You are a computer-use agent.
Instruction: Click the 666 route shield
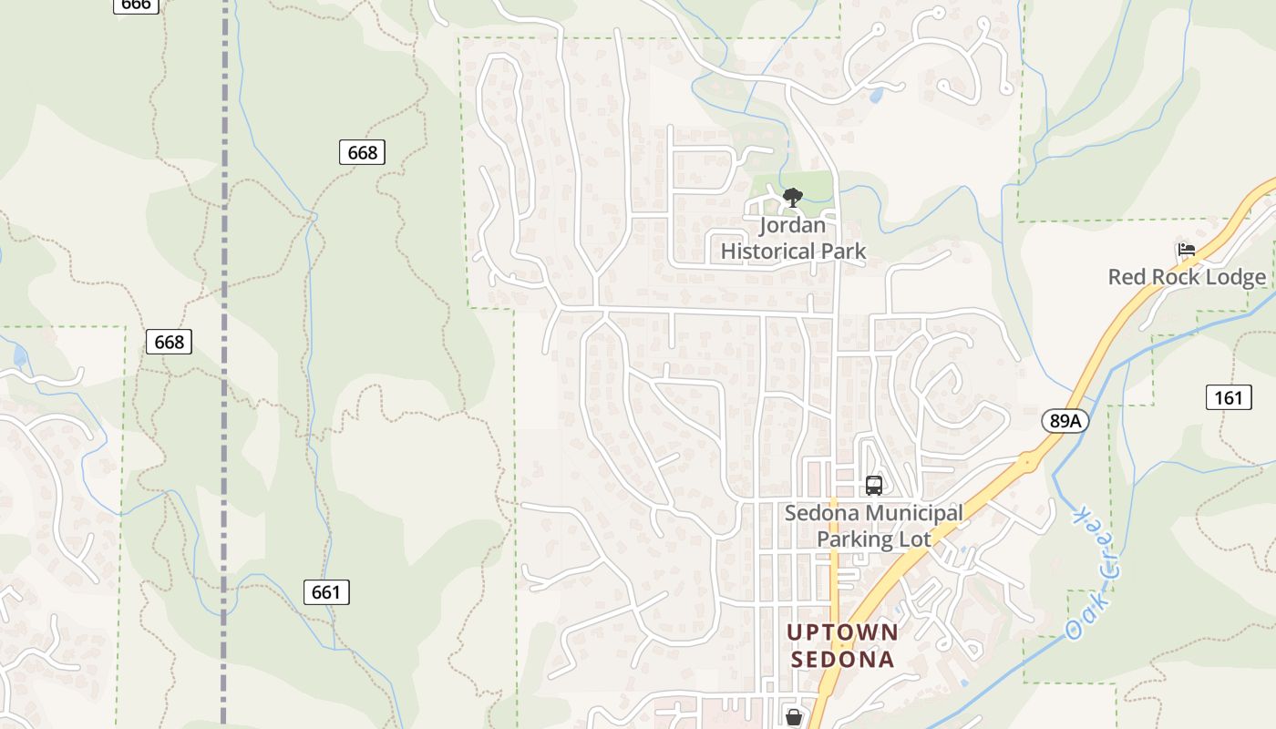pos(136,5)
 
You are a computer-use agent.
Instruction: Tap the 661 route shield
pos(326,592)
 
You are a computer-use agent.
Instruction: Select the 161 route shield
pos(1229,397)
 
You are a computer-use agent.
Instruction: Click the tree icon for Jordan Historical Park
pos(793,197)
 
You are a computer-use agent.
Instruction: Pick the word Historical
pos(767,251)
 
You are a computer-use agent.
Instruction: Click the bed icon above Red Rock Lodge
pos(1186,249)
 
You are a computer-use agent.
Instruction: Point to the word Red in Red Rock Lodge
pos(1127,277)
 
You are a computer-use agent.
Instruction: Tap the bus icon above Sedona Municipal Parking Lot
pos(873,485)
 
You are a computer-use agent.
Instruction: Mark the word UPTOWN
pos(842,631)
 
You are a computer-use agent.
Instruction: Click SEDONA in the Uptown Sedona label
pos(842,659)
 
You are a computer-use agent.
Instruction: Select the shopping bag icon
pos(794,718)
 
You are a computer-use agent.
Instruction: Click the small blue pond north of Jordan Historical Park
pos(876,94)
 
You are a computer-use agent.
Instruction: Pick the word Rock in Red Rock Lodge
pos(1172,277)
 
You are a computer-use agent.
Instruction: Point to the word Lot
pos(916,539)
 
